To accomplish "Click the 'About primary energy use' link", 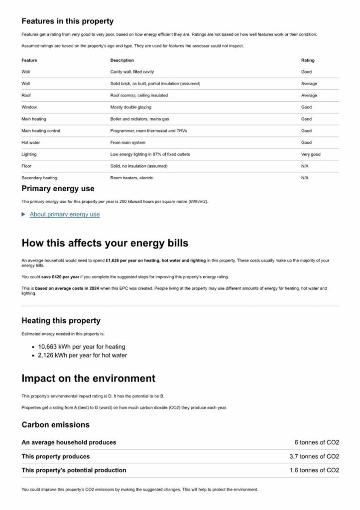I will click(x=65, y=215).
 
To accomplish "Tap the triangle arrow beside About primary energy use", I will click(x=23, y=215).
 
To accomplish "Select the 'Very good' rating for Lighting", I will click(x=311, y=154).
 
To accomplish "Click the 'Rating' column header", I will click(x=308, y=60).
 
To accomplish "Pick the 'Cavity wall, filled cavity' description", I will click(x=132, y=72).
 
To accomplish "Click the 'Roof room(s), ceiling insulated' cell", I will click(x=139, y=95).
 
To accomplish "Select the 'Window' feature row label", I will click(x=29, y=107).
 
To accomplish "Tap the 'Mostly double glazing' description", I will click(x=131, y=107).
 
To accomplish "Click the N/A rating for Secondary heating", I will click(x=305, y=178).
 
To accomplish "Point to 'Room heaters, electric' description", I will click(x=131, y=178).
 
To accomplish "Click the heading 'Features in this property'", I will click(x=67, y=21).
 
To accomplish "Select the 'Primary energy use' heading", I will click(x=58, y=189).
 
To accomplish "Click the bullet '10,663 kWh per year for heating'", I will click(x=82, y=347).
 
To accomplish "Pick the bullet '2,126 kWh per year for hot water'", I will click(x=83, y=356).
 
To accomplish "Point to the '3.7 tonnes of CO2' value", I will click(x=314, y=456).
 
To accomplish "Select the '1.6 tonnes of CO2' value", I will click(x=314, y=470).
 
